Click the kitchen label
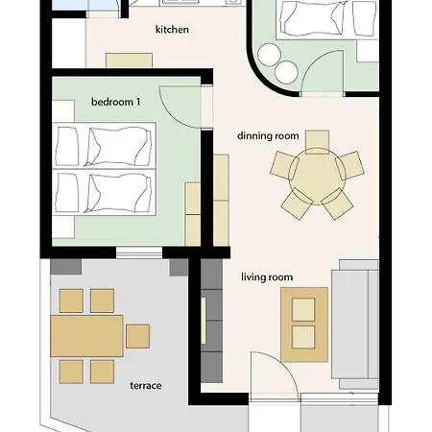[172, 30]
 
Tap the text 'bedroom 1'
[115, 102]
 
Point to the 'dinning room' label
[269, 136]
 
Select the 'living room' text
[267, 277]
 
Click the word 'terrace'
[145, 386]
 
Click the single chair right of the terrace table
[137, 336]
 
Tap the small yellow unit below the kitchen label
[129, 60]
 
